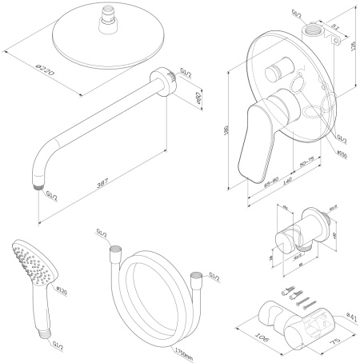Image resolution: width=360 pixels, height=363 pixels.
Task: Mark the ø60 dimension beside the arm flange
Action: click(x=177, y=98)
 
